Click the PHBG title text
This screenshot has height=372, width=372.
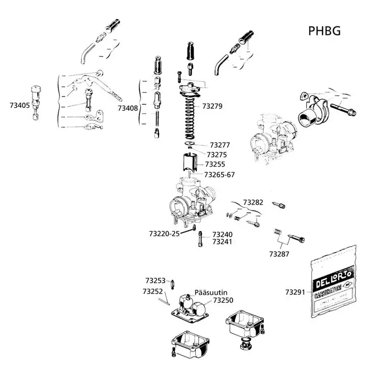click(324, 31)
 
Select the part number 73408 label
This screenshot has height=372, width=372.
click(128, 108)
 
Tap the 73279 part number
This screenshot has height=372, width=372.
click(212, 106)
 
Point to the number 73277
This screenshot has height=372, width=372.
click(221, 145)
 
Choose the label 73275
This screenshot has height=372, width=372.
click(216, 154)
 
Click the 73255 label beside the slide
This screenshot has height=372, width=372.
click(215, 165)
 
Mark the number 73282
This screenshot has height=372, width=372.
click(253, 202)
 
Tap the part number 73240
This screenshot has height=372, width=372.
click(222, 234)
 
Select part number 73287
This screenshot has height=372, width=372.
click(280, 253)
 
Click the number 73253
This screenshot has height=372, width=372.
click(156, 280)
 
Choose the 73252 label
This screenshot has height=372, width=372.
click(153, 292)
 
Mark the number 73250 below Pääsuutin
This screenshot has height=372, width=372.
click(223, 301)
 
